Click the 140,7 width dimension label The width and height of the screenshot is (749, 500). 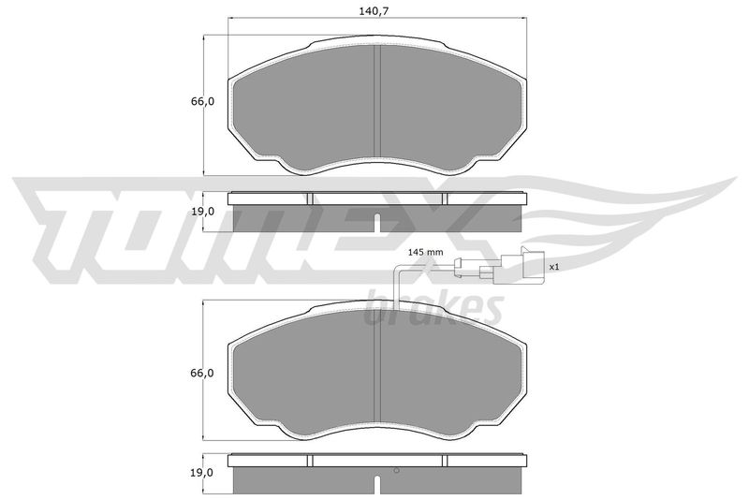[x=372, y=11]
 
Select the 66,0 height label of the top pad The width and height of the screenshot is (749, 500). [x=202, y=102]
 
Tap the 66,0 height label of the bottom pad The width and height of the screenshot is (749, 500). [x=202, y=373]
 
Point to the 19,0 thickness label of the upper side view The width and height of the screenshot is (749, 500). [x=202, y=212]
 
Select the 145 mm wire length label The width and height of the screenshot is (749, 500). [x=426, y=252]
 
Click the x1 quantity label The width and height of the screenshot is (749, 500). [x=553, y=268]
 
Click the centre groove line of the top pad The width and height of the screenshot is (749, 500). [x=377, y=101]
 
